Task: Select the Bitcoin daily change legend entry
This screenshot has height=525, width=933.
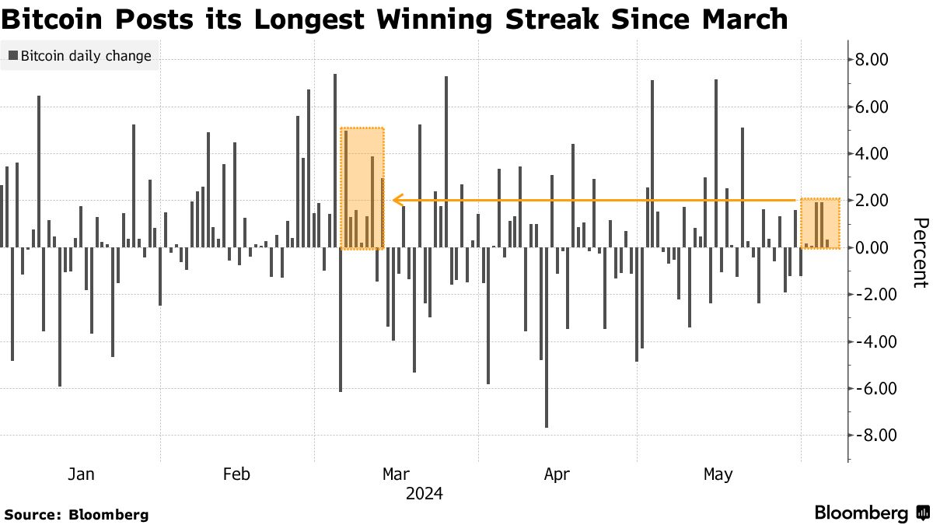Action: (79, 56)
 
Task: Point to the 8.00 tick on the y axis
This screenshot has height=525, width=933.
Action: (871, 61)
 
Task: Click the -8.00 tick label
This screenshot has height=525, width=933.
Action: (868, 436)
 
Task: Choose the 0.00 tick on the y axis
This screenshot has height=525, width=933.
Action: (871, 248)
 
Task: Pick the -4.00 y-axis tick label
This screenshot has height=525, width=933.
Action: (868, 342)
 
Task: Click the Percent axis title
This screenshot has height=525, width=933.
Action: (919, 252)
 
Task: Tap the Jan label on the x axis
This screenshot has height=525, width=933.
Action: (81, 474)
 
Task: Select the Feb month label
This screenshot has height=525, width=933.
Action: (236, 474)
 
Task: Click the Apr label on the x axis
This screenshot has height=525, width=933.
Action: (557, 474)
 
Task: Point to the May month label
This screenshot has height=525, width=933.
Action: (717, 474)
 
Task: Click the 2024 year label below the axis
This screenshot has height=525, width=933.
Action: (424, 494)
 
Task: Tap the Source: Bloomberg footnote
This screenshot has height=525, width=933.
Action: (76, 514)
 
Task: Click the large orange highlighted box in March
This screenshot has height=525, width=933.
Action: (362, 188)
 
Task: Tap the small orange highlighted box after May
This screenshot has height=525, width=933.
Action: (820, 223)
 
